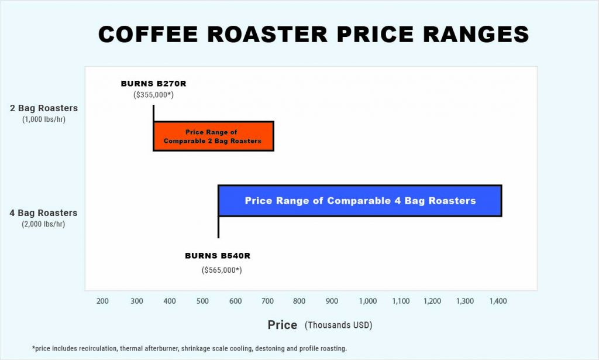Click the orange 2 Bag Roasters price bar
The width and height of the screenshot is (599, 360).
click(214, 136)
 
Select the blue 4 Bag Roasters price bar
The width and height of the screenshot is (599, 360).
click(360, 201)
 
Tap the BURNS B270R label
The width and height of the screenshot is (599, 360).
click(153, 84)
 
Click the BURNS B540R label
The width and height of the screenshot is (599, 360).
click(218, 256)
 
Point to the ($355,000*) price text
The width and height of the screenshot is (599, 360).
click(153, 94)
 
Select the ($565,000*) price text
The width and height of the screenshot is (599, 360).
click(222, 270)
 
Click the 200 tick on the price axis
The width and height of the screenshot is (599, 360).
click(102, 301)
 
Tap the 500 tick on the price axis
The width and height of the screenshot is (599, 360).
click(202, 301)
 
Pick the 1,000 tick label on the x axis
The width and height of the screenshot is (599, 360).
click(368, 301)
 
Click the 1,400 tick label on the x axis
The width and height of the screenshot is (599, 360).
click(498, 301)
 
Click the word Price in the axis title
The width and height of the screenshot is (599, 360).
click(283, 325)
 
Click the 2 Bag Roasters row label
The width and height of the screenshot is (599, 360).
click(44, 108)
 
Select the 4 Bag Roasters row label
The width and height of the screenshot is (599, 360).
click(44, 213)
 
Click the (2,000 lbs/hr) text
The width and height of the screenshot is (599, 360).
click(44, 224)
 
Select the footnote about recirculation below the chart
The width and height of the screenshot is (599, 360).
click(189, 348)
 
